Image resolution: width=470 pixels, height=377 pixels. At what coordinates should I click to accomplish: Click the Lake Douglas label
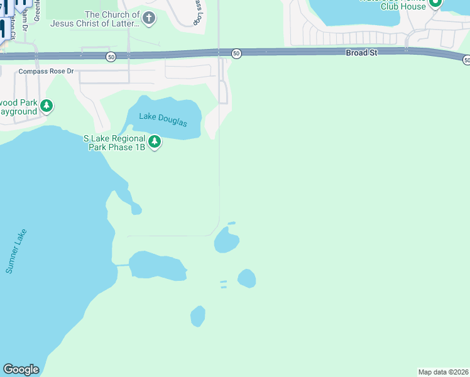163,119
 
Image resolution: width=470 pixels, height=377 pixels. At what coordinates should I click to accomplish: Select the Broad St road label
361,53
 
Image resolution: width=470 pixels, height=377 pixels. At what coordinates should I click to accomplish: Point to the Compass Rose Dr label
46,71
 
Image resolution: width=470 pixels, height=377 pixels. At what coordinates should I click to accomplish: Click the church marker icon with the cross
148,18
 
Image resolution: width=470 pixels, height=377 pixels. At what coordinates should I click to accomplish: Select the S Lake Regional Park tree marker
155,143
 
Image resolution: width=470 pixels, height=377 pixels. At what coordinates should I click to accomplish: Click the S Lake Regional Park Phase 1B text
115,143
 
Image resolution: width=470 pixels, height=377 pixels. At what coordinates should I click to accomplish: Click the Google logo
21,369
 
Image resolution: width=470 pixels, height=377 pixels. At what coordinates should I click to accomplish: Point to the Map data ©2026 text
444,372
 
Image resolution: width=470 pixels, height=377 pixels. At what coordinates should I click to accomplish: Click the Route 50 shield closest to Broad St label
236,54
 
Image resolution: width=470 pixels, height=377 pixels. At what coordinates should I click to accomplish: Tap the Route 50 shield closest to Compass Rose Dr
111,57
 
